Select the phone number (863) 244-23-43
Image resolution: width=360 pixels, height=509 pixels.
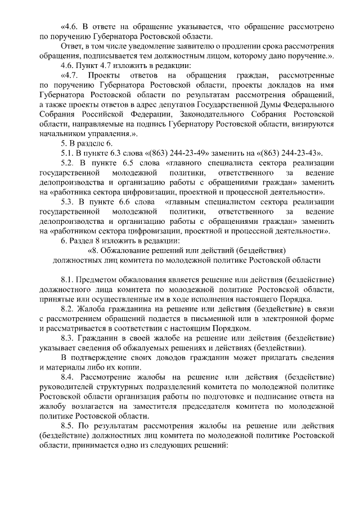289,153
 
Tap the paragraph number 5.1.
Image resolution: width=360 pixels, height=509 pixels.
67,153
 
